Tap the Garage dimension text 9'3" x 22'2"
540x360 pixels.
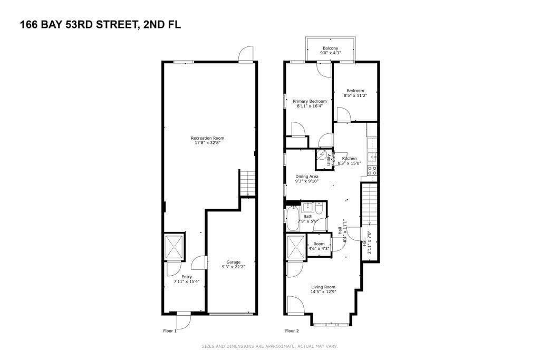[233, 267]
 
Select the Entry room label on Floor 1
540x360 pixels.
[187, 277]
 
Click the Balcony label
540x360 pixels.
[331, 48]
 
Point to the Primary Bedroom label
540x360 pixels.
[310, 101]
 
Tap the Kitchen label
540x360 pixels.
[350, 158]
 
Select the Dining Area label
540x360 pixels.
[306, 177]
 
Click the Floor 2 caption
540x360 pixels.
[292, 331]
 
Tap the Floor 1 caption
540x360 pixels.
[169, 331]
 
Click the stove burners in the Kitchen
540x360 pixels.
[372, 170]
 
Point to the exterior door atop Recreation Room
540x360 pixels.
[246, 55]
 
